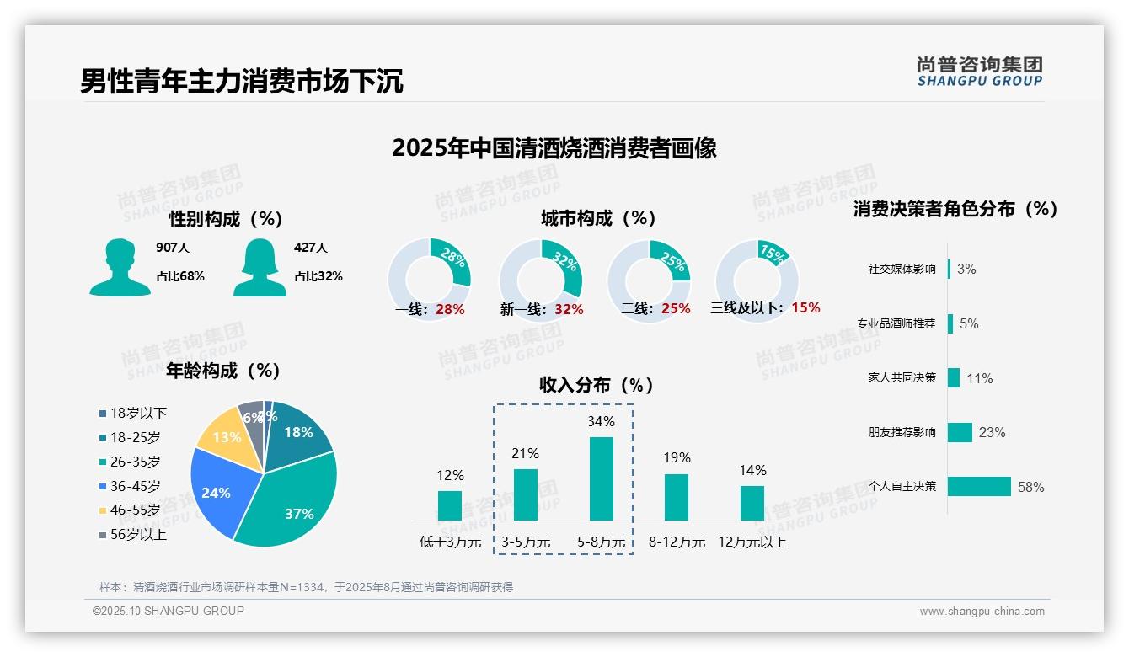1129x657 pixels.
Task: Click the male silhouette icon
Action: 120,268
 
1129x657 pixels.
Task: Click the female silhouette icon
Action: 260,268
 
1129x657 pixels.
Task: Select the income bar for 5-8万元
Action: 601,478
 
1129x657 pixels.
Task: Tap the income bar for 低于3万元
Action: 450,505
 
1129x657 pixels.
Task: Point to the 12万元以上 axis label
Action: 752,542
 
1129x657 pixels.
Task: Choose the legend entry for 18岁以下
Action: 133,413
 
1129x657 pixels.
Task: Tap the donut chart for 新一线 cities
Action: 540,280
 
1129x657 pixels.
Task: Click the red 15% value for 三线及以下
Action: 805,307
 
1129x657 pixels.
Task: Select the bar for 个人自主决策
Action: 979,486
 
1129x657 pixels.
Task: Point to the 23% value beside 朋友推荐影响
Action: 992,432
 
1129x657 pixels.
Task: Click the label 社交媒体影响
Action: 902,269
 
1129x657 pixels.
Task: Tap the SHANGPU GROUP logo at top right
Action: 980,72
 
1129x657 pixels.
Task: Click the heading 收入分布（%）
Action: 597,385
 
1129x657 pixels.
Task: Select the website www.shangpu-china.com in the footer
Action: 982,612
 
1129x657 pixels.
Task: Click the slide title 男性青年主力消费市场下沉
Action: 242,82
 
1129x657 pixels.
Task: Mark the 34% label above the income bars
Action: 601,421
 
